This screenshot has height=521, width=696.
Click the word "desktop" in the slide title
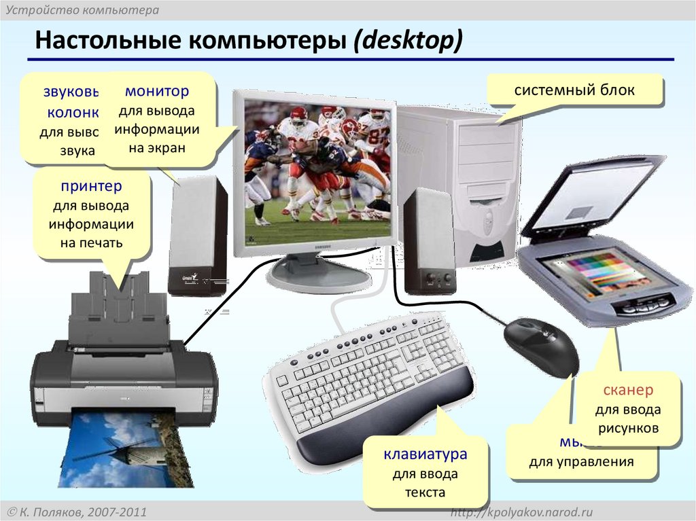pos(406,41)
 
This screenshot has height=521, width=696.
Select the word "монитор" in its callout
pos(156,91)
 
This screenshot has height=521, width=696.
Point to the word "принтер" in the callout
pos(91,185)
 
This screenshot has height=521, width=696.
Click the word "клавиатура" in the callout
pos(425,454)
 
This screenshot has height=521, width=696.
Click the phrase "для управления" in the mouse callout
pos(581,463)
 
